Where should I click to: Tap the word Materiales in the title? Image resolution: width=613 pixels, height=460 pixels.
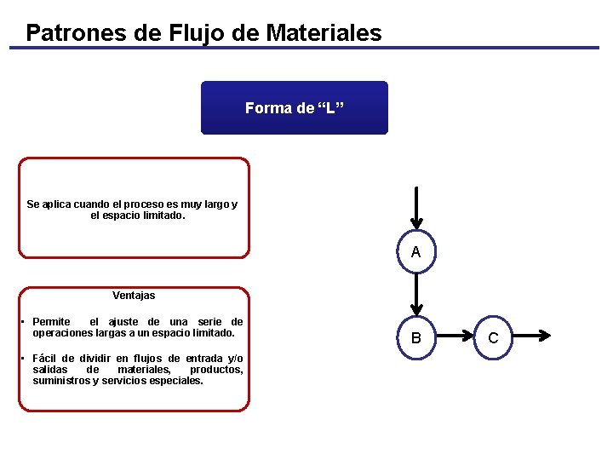tap(324, 33)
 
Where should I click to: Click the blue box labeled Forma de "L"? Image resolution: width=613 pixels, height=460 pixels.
tap(294, 108)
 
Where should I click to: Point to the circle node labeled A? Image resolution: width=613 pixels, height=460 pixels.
tap(415, 252)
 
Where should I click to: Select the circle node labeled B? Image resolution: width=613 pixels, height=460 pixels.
tap(415, 338)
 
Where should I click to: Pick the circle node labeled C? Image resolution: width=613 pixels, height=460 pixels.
tap(493, 338)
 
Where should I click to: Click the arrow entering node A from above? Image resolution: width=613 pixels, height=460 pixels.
tap(415, 209)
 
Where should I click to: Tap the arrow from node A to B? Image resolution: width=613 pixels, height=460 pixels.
tap(415, 295)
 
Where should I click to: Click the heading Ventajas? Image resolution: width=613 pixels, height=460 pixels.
tap(134, 296)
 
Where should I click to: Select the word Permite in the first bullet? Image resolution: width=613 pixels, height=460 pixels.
tap(51, 322)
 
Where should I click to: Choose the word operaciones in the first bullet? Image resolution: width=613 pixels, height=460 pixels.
tap(62, 333)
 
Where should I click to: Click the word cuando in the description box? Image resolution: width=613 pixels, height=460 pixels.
tap(83, 204)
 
